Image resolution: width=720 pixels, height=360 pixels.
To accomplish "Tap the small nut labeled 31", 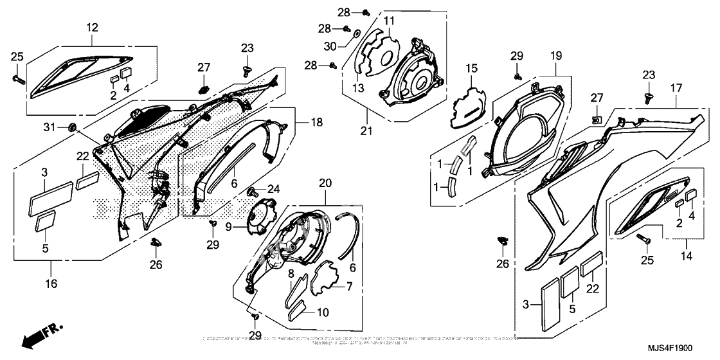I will click(72, 127).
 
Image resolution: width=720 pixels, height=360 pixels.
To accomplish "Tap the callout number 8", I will click(291, 274).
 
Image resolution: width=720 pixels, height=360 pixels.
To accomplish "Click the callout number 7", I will click(349, 286).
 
